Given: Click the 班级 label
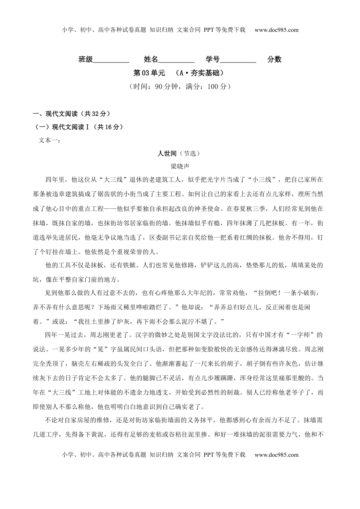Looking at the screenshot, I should pyautogui.click(x=86, y=59).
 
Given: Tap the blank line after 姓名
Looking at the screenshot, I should pyautogui.click(x=176, y=60).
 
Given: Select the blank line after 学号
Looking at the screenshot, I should pyautogui.click(x=238, y=60).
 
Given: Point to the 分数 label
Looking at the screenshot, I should pyautogui.click(x=274, y=59).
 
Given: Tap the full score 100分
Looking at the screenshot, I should pyautogui.click(x=217, y=86).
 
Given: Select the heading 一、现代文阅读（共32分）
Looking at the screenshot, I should pyautogui.click(x=72, y=114).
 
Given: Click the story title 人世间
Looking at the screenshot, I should pyautogui.click(x=167, y=153).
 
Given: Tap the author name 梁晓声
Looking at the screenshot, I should pyautogui.click(x=180, y=166).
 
